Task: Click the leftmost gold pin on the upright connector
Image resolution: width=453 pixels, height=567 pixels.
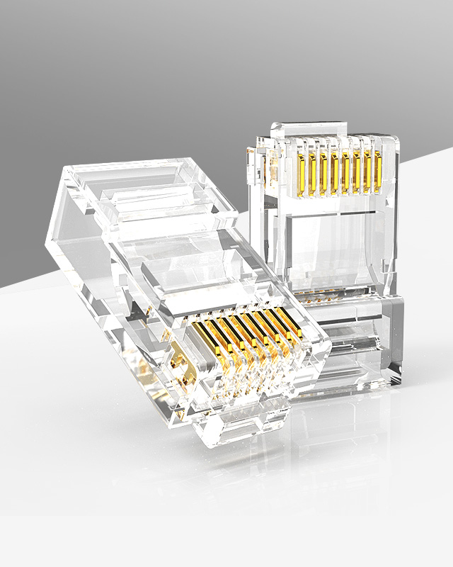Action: click(300, 173)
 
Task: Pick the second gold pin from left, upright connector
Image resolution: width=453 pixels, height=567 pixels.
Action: click(311, 173)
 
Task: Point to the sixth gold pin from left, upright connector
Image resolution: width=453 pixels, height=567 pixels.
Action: click(357, 173)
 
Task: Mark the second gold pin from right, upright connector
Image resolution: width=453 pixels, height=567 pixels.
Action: click(367, 173)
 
